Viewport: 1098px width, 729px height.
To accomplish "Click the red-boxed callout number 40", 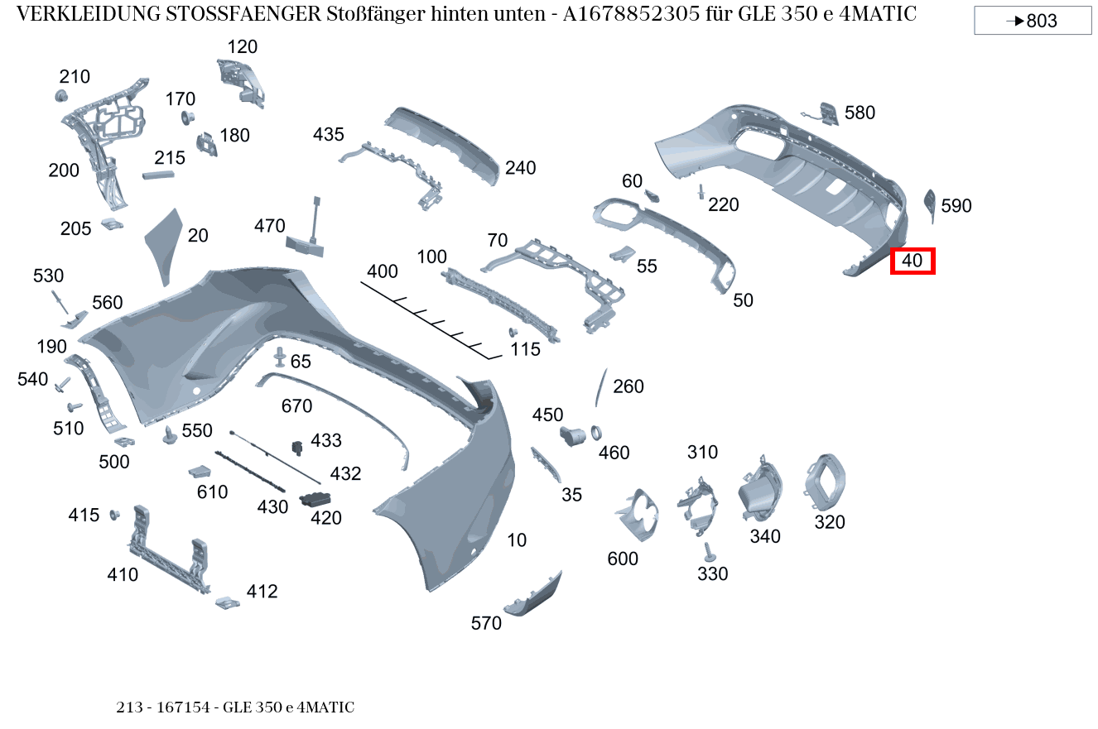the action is (x=912, y=261).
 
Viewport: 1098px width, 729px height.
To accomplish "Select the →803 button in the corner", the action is (x=1032, y=21).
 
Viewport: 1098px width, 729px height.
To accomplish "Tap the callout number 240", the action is (x=520, y=168).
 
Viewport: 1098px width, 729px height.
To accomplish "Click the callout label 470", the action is (x=269, y=226).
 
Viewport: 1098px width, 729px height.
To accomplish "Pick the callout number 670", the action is (x=296, y=406).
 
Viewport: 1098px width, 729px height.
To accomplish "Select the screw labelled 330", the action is (x=709, y=551).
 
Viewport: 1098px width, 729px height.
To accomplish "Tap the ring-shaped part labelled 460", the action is (x=596, y=433).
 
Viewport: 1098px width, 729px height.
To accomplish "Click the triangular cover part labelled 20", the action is (x=164, y=244).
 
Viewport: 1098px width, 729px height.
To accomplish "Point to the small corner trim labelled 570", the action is (x=534, y=596).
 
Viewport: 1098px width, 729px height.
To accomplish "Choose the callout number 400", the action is (x=382, y=271).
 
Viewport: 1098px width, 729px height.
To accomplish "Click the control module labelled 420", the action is (x=315, y=499).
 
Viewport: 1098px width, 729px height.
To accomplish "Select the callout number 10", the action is (x=517, y=540).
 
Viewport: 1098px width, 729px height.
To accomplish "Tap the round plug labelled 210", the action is (x=60, y=97).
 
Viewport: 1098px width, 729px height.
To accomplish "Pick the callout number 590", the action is (x=956, y=206).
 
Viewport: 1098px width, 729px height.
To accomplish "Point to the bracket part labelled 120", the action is (x=242, y=81).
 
